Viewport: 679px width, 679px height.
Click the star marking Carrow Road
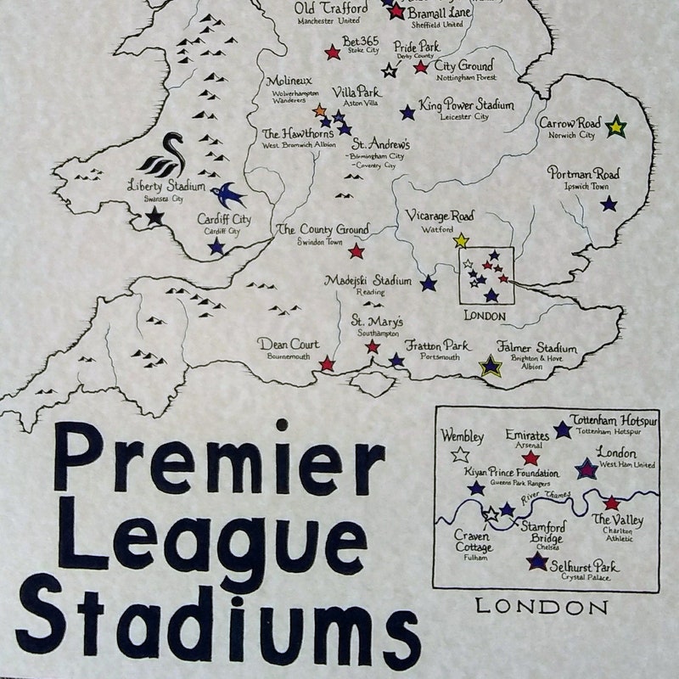tap(616, 128)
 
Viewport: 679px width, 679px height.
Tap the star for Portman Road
tap(609, 204)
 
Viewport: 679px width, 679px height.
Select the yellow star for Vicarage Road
tap(461, 241)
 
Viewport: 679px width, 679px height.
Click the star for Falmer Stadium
tap(490, 366)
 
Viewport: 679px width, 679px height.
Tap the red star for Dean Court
tap(327, 364)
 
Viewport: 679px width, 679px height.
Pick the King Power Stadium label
tap(466, 105)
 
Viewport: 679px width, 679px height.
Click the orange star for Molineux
tap(320, 111)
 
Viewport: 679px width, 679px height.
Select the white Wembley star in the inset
tap(461, 455)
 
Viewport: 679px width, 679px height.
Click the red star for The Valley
tap(612, 502)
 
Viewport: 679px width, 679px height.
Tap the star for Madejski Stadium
tap(429, 283)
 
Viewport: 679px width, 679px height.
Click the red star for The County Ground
tap(356, 251)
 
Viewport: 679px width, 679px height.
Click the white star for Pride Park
tap(390, 70)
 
